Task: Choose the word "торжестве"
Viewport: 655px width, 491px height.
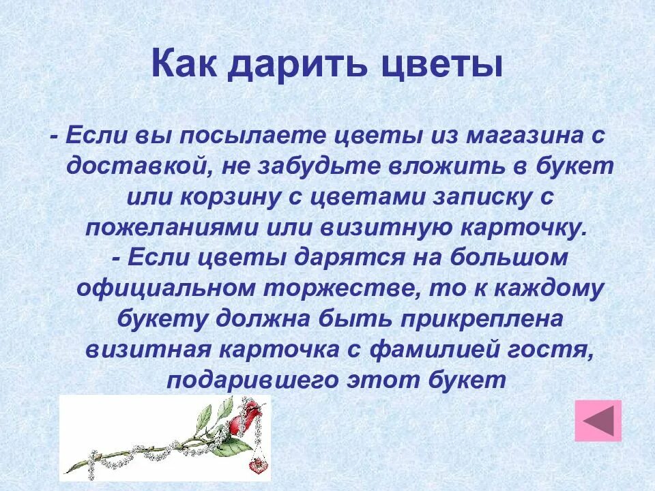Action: pos(340,289)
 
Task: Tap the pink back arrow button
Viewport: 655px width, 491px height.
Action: pos(598,420)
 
